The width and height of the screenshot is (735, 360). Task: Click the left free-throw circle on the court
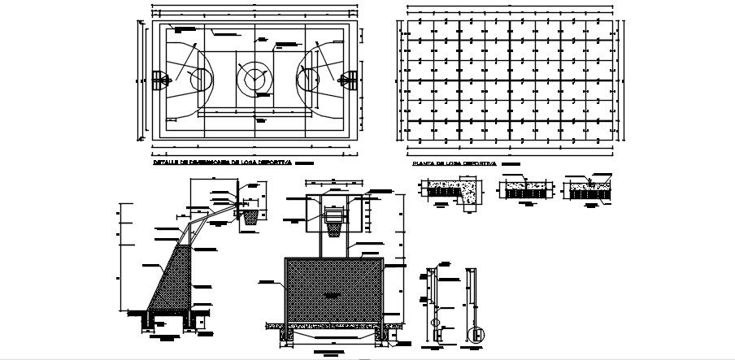[x=201, y=79]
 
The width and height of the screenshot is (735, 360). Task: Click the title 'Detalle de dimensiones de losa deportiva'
[x=221, y=163]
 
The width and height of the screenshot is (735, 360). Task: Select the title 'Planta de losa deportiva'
[x=454, y=163]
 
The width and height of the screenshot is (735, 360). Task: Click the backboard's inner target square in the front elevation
[x=333, y=215]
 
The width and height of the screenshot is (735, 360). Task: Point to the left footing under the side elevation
[x=148, y=323]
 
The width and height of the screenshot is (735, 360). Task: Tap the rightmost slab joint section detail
[x=588, y=189]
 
